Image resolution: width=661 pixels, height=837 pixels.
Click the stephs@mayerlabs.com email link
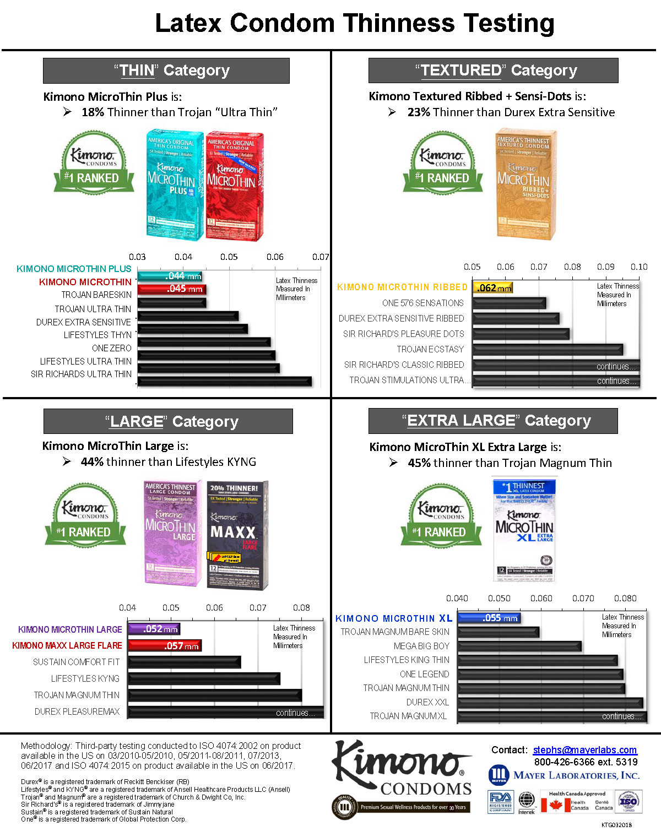coord(584,750)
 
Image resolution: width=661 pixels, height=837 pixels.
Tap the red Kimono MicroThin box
coord(234,186)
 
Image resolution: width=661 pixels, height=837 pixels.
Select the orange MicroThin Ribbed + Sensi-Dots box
coord(524,184)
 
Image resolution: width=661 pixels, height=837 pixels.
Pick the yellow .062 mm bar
coord(493,287)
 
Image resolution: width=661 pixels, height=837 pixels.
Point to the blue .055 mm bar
coord(489,618)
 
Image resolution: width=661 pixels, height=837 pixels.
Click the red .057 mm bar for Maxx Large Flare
coord(165,645)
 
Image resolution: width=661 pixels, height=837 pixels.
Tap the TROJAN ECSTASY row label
coord(430,349)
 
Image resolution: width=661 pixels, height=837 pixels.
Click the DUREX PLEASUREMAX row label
coord(77,711)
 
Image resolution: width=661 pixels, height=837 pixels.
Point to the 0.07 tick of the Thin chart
coord(321,257)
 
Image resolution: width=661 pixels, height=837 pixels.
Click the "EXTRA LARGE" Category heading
coord(493,421)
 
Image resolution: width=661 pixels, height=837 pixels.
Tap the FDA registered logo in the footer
coord(500,801)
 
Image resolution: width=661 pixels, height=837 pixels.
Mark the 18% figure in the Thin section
coord(93,112)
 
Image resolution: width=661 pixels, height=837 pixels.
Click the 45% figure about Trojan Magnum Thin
coord(419,463)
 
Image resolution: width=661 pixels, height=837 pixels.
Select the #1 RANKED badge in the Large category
coord(85,532)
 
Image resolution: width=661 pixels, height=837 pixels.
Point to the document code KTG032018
coord(616,825)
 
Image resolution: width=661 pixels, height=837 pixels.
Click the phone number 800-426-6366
coord(566,762)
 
